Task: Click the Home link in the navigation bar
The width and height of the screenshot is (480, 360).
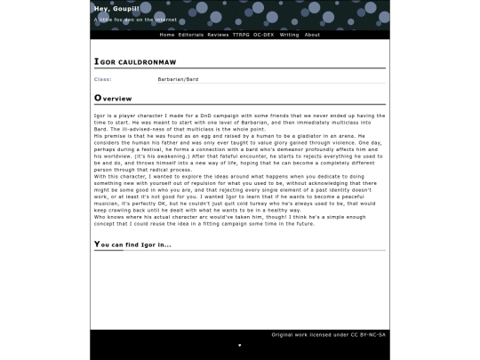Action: point(167,35)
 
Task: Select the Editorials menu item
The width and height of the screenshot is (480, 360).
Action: point(191,35)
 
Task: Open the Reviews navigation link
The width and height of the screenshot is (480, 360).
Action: point(218,35)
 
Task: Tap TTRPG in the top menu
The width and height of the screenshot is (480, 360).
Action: point(241,35)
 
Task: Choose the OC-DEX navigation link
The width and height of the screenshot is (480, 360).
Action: point(263,35)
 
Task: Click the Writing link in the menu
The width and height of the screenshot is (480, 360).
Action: point(289,35)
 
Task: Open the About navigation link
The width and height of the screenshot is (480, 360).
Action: point(312,35)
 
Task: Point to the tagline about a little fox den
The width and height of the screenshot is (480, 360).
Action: point(134,19)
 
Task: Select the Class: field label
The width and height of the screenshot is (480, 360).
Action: point(103,79)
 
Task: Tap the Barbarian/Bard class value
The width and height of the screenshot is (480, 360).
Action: point(178,79)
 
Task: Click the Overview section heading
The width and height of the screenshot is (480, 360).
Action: point(114,98)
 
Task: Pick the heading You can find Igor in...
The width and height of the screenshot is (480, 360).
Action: point(132,244)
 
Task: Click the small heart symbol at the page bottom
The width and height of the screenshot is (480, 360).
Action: point(239,345)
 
